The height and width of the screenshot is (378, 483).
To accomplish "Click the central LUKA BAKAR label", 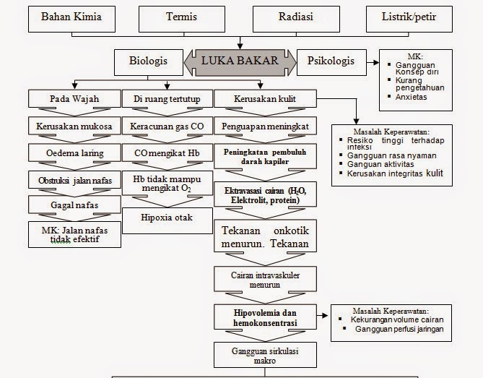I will pyautogui.click(x=239, y=61).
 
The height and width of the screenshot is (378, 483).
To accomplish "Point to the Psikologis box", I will pyautogui.click(x=331, y=61).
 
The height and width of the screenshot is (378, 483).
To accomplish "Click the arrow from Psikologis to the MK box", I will pyautogui.click(x=373, y=62).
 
